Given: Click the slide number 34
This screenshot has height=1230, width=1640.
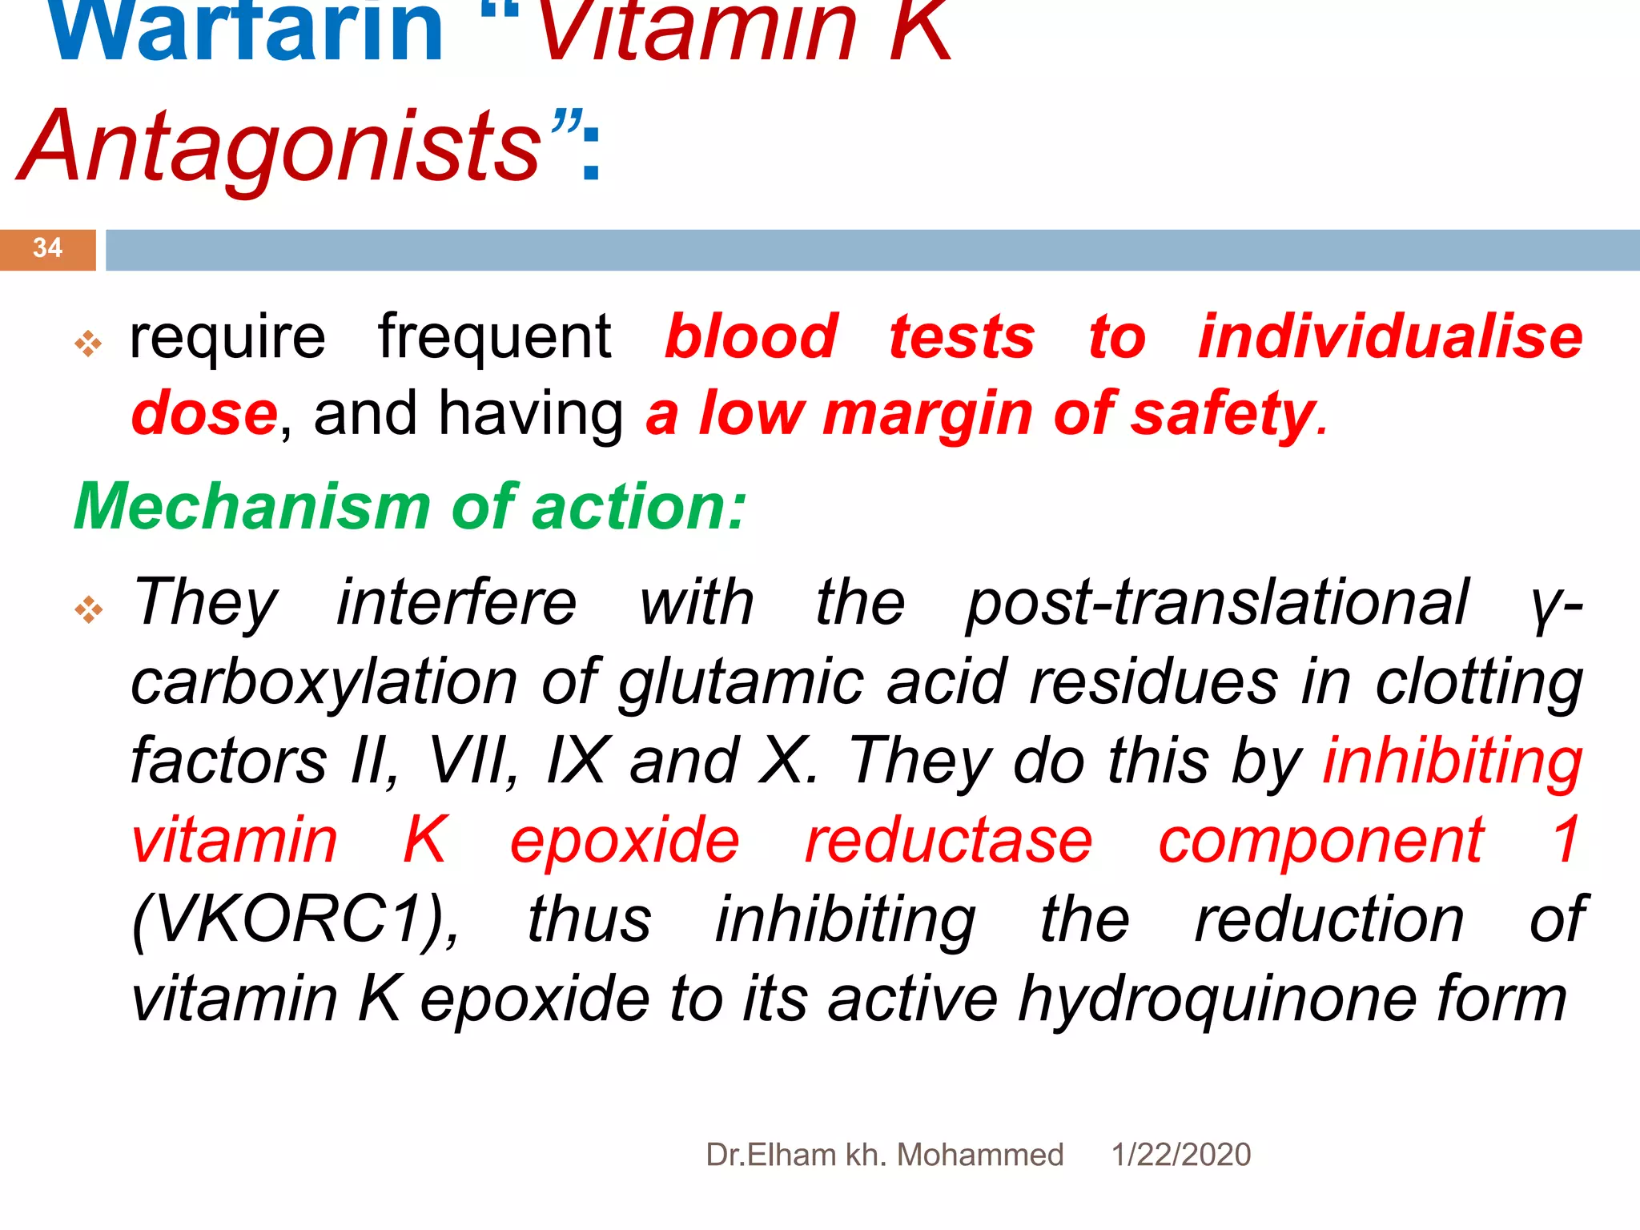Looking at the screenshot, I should (x=47, y=247).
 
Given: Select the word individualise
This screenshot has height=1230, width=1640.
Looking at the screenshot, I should (x=1389, y=337).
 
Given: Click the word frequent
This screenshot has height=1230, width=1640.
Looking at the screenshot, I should (x=494, y=337).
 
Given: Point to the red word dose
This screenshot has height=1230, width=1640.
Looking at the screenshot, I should (x=204, y=414).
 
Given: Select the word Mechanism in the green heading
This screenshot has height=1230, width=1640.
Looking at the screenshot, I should (x=252, y=508).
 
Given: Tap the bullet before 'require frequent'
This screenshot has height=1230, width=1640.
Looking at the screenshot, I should (x=88, y=344).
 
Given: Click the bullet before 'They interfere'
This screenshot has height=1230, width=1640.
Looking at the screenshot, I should (x=88, y=610).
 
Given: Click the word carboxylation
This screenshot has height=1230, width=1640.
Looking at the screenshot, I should (x=324, y=683).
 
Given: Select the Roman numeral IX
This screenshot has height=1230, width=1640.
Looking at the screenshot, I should (x=577, y=761).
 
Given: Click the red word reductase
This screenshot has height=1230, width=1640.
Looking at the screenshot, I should (x=948, y=842).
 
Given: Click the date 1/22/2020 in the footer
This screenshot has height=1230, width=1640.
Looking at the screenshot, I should (x=1180, y=1155).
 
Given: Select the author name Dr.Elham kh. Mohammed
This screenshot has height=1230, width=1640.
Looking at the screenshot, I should (x=884, y=1155).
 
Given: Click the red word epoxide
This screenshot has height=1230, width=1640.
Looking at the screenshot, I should (x=625, y=842).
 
